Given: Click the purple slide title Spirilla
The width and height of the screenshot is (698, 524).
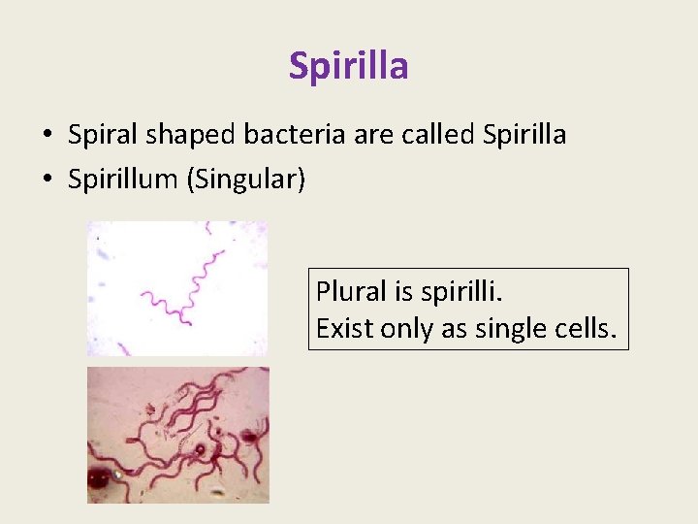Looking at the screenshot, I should [x=348, y=66].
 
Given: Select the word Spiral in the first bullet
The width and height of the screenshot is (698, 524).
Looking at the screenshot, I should [x=100, y=136].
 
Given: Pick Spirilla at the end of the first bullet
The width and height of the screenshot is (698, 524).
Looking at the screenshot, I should [x=524, y=135].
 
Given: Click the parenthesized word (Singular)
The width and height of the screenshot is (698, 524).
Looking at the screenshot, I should [x=248, y=180].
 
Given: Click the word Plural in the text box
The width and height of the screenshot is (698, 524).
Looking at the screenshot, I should [x=347, y=291].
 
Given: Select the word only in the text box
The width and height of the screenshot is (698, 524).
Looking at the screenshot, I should [x=408, y=329].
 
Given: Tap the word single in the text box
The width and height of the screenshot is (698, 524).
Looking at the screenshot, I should [x=514, y=329].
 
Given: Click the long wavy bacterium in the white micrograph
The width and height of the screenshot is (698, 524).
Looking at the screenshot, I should [x=199, y=281].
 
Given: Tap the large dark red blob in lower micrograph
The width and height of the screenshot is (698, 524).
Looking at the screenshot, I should [x=98, y=479].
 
